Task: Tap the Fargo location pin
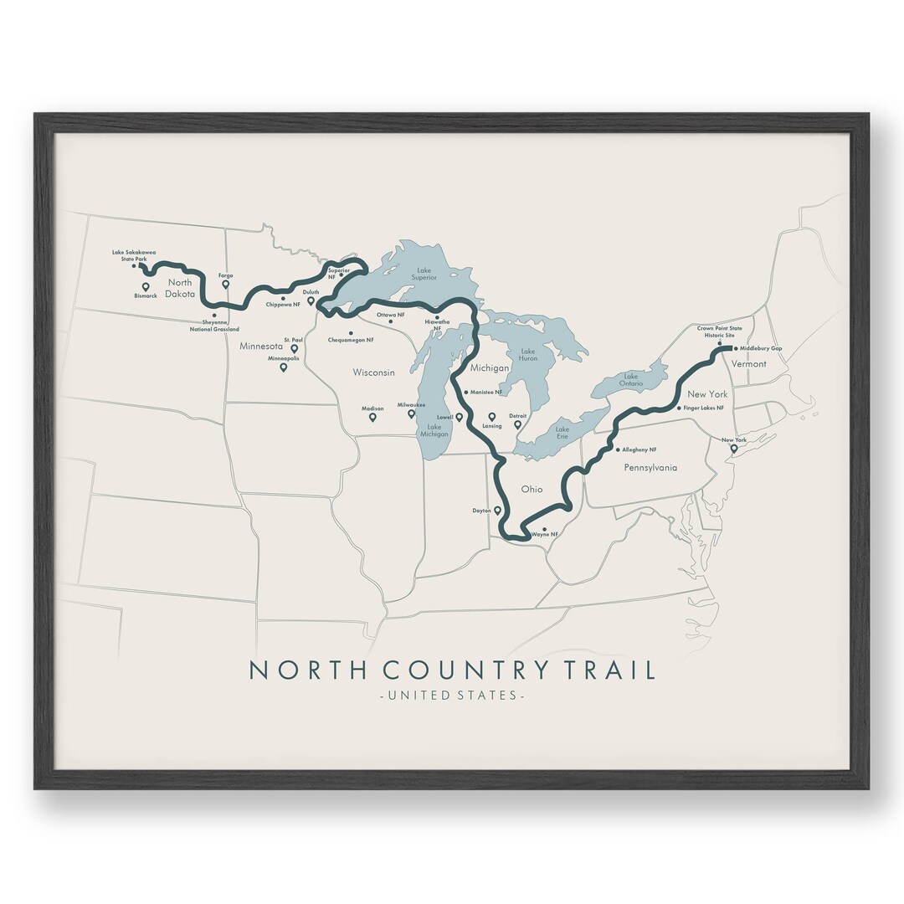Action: click(x=225, y=284)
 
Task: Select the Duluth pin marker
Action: click(x=311, y=300)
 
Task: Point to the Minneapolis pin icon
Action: click(x=283, y=367)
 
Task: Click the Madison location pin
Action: click(x=372, y=416)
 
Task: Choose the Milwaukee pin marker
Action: click(x=411, y=413)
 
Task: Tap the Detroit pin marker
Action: click(x=517, y=424)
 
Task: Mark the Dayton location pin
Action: click(x=497, y=510)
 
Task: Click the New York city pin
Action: click(x=733, y=449)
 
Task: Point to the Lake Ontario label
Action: click(x=632, y=380)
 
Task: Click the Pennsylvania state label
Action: click(x=650, y=468)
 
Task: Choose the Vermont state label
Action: click(x=748, y=364)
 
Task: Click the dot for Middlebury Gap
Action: click(x=736, y=348)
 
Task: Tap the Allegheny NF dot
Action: click(x=618, y=449)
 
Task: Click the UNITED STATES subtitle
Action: click(x=452, y=696)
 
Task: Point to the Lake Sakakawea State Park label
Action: click(x=134, y=255)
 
